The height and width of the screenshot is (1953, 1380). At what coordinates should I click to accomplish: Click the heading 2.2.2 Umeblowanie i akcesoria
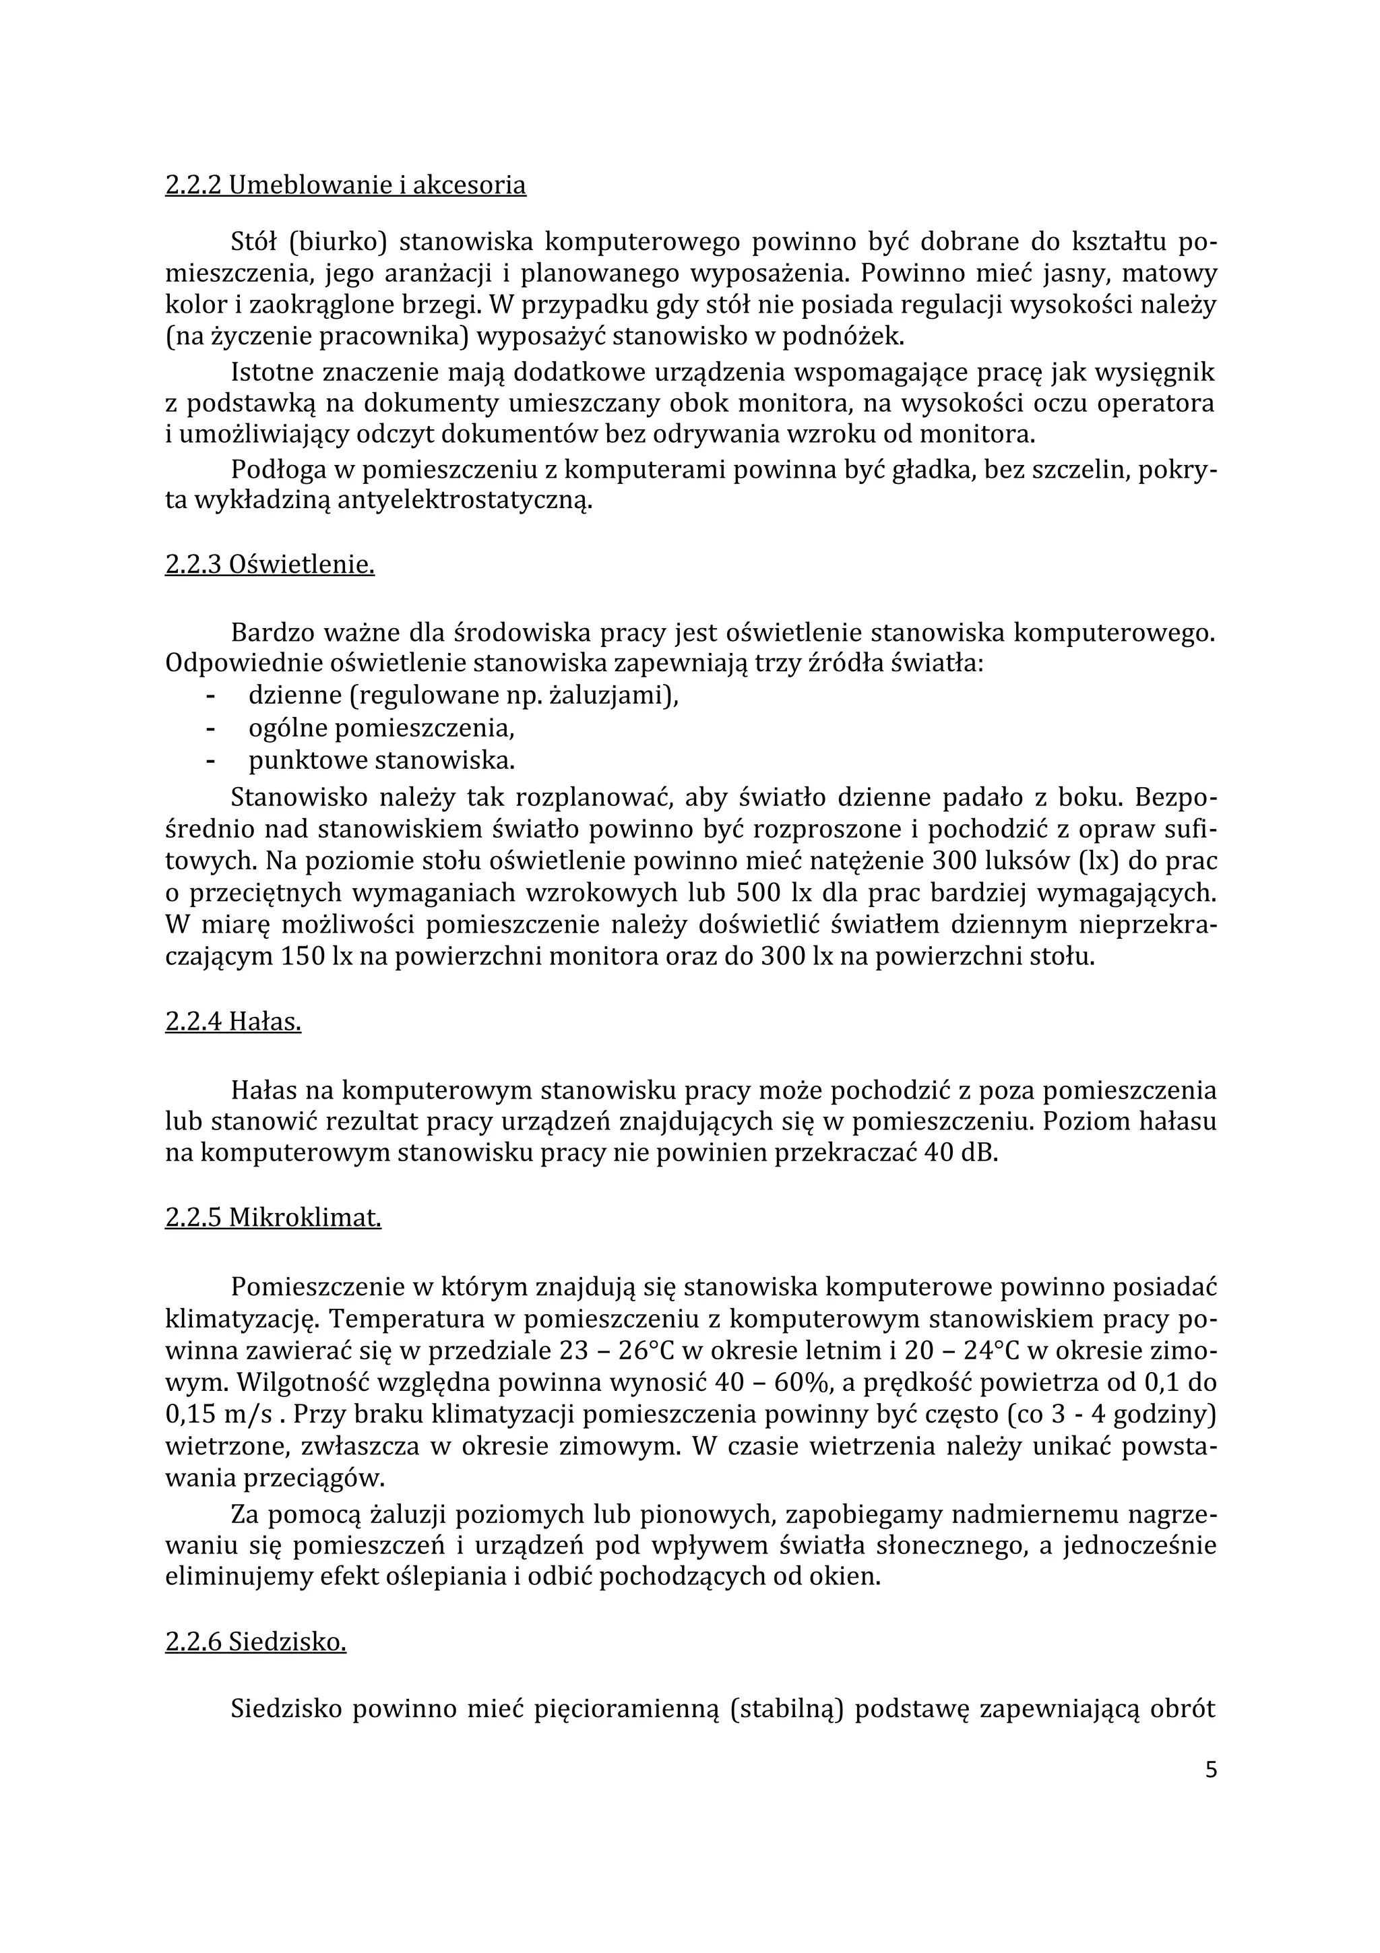point(345,185)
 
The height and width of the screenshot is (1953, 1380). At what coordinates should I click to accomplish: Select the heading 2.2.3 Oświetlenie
point(270,565)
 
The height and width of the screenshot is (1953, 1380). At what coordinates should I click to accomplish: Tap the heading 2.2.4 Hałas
point(233,1022)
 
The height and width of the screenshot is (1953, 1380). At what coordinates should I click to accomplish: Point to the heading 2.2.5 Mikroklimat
point(273,1218)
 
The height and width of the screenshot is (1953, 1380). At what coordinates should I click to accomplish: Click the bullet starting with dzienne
point(464,697)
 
